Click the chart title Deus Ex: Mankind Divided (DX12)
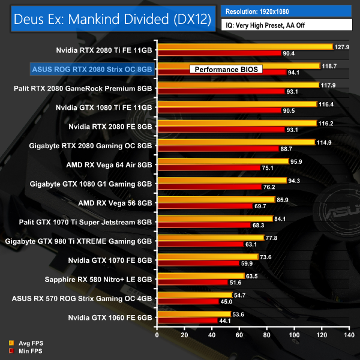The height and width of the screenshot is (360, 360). (x=111, y=19)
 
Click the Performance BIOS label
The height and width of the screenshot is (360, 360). (x=226, y=70)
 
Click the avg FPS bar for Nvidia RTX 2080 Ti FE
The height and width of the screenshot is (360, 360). (x=244, y=46)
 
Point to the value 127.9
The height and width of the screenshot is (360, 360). (x=342, y=46)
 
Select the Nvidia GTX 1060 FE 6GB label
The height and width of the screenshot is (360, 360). (x=103, y=317)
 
